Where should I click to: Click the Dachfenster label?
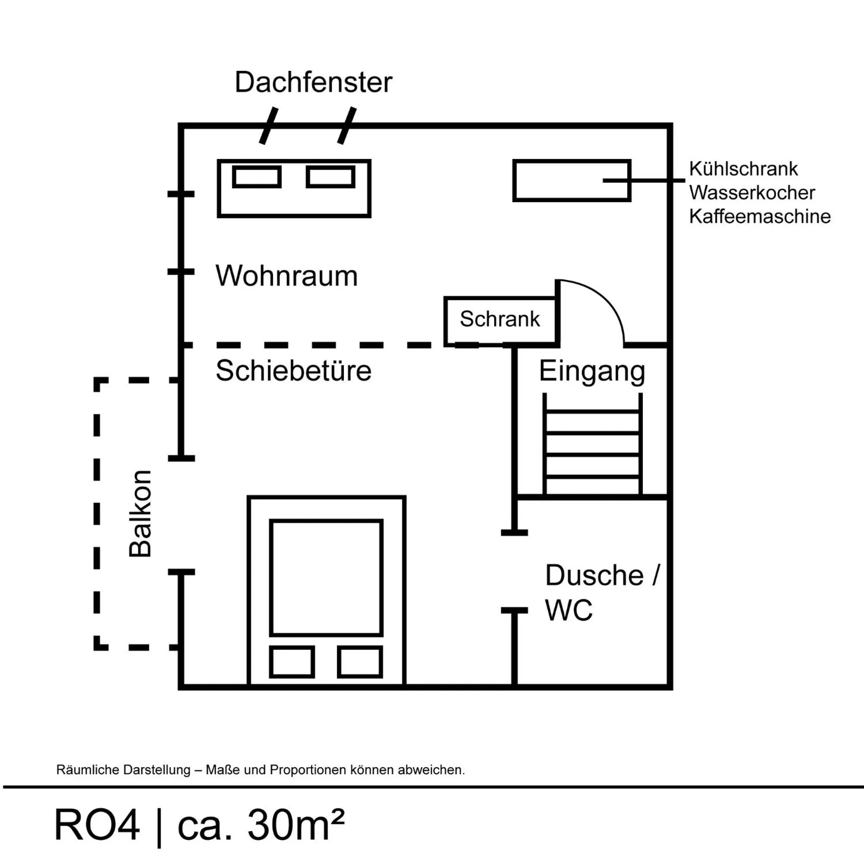(313, 83)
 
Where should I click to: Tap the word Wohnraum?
(287, 276)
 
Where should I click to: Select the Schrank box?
(500, 319)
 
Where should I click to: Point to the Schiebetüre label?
(293, 371)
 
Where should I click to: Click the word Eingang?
(592, 371)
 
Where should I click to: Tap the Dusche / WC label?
(601, 592)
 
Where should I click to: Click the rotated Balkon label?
(140, 513)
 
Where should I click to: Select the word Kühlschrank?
(743, 169)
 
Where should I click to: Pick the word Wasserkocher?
(752, 193)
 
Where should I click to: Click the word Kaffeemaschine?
(759, 216)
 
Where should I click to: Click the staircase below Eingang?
(592, 444)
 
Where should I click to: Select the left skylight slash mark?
(268, 126)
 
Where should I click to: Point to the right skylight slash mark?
(346, 126)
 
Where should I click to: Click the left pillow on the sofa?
(257, 177)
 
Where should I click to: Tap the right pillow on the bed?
(359, 662)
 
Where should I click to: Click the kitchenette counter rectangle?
(571, 180)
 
